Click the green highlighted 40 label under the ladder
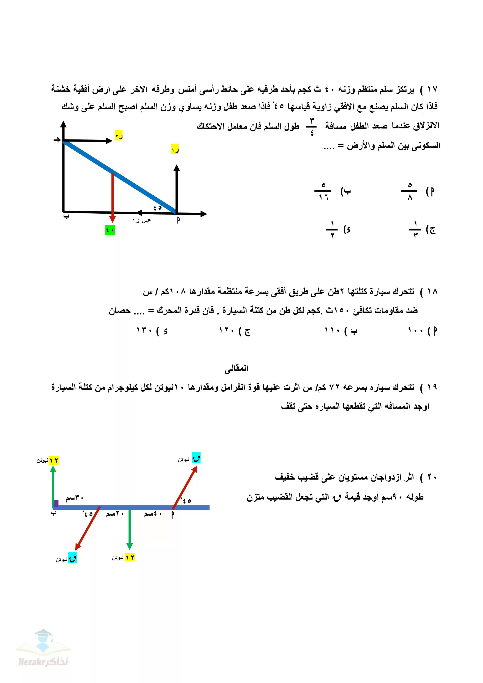click(x=110, y=230)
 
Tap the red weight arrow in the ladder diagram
click(x=112, y=196)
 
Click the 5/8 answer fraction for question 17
click(x=410, y=191)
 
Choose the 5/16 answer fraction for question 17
click(x=323, y=191)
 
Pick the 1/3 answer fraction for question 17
click(x=415, y=229)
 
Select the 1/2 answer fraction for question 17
click(x=332, y=229)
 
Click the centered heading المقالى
click(x=237, y=368)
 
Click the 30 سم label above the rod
click(x=74, y=498)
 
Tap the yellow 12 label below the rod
click(x=130, y=557)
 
